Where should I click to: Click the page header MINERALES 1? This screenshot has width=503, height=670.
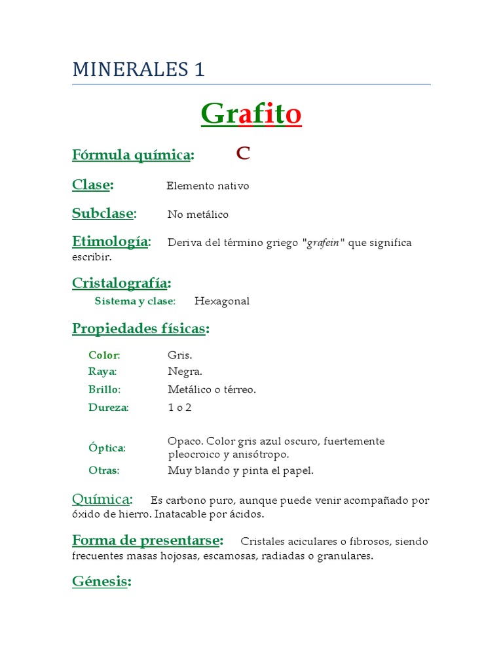[x=138, y=69]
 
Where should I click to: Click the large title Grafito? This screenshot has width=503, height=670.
[x=251, y=114]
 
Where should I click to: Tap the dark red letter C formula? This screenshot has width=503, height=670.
[x=243, y=154]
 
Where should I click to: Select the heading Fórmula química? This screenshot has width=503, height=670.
[x=132, y=155]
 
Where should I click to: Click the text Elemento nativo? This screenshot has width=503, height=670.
[x=208, y=186]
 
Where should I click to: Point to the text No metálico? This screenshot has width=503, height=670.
[x=198, y=215]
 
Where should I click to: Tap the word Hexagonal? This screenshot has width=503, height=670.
[x=222, y=301]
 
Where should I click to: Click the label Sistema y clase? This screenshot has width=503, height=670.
[x=135, y=301]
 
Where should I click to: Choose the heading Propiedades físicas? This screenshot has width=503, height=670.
[x=140, y=328]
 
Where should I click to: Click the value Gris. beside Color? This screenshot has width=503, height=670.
[x=180, y=355]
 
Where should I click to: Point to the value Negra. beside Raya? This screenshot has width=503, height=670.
[x=185, y=372]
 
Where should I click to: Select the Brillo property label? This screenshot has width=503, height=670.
[x=104, y=389]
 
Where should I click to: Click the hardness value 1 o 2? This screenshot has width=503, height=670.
[x=179, y=407]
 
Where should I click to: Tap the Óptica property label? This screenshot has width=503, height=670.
[x=107, y=448]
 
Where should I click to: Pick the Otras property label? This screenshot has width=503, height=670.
[x=103, y=470]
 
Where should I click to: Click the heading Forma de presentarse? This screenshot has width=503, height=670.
[x=147, y=540]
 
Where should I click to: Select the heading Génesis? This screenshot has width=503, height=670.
[x=101, y=581]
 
